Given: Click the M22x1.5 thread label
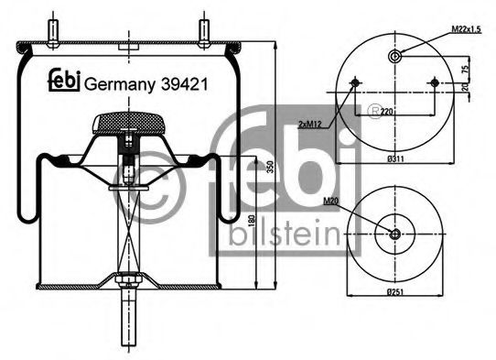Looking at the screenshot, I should point(468,31).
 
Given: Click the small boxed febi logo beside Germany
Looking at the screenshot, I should point(63,81).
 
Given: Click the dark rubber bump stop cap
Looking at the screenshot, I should point(129,123).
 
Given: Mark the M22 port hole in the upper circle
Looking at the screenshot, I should point(394,57).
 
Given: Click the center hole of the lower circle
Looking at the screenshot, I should point(394,234).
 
